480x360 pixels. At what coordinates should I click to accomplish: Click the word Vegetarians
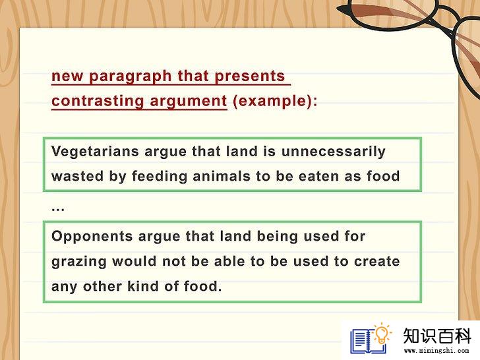coord(95,152)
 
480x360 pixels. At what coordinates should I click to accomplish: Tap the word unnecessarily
coord(334,152)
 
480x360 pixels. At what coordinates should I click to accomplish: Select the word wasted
coord(77,176)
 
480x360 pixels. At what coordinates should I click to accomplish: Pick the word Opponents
coord(92,237)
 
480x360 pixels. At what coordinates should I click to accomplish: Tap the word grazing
coord(79,262)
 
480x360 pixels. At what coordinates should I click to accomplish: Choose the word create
coord(377,261)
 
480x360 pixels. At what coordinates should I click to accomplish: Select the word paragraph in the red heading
coord(130,76)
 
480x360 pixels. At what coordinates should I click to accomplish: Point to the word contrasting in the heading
coord(98,102)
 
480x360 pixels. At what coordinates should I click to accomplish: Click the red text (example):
coord(275,101)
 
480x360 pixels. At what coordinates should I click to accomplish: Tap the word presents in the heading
coord(250,76)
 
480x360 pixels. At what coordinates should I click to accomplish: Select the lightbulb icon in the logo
coord(382,334)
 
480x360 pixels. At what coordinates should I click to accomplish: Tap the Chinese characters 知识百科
coord(436,336)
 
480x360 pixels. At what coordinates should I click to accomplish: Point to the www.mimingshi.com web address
coord(436,351)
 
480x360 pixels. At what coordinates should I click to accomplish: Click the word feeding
coord(160,177)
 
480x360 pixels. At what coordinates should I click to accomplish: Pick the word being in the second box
coord(277,237)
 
